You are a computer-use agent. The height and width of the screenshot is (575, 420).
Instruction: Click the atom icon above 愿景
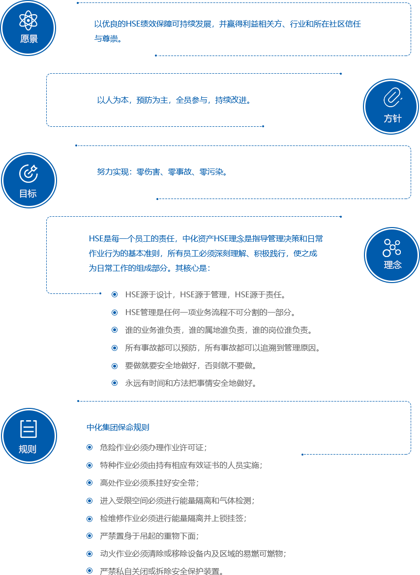(29, 20)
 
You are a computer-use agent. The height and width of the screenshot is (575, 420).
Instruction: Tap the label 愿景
(29, 39)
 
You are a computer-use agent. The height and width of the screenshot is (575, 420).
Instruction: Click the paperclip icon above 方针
(392, 97)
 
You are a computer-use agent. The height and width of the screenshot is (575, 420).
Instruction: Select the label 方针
(392, 118)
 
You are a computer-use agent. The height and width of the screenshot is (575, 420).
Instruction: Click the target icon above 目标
(29, 173)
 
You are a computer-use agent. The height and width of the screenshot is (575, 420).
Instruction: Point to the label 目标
(28, 194)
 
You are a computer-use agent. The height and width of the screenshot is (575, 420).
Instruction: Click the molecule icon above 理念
(392, 248)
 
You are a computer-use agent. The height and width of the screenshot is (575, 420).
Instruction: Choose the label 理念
(392, 265)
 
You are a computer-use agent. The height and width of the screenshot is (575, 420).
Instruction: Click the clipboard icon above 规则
(29, 429)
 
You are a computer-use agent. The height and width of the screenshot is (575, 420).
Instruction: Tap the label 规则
(28, 449)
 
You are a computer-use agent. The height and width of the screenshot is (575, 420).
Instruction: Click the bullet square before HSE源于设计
(115, 294)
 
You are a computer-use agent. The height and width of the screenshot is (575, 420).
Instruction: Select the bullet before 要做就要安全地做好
(115, 365)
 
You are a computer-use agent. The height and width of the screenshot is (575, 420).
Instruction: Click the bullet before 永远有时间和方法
(115, 382)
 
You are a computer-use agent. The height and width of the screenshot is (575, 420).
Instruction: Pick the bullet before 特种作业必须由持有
(89, 465)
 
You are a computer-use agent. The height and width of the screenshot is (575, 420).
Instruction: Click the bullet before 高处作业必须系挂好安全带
(89, 483)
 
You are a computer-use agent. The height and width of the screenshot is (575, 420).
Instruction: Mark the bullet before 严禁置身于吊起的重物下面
(89, 535)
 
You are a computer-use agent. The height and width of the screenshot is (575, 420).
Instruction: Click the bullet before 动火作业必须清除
(89, 553)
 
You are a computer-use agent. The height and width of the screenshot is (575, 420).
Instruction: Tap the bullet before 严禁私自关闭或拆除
(89, 571)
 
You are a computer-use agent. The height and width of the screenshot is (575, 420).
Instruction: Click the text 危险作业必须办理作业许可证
(153, 447)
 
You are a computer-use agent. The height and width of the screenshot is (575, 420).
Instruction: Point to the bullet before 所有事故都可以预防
(115, 347)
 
